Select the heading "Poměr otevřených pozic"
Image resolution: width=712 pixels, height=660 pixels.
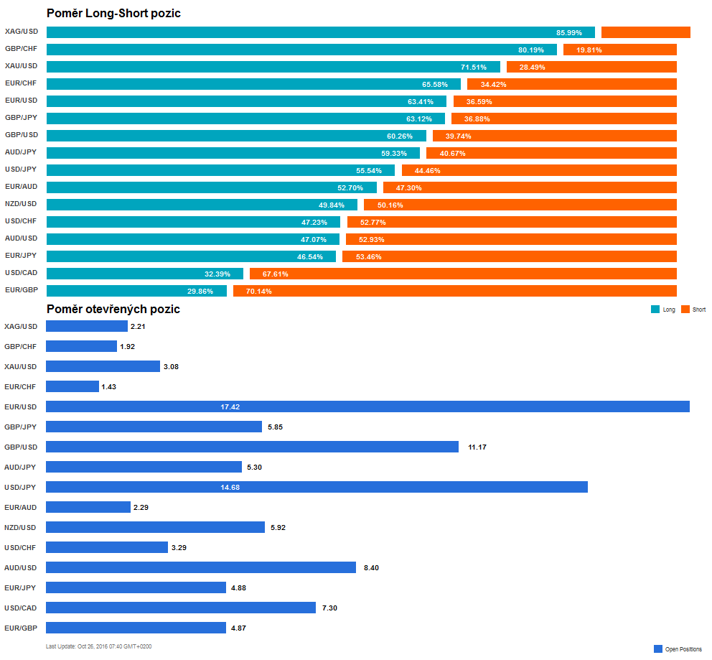point(113,309)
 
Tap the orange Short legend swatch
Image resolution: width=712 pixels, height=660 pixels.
point(685,310)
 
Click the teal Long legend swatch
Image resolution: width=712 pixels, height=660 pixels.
point(655,310)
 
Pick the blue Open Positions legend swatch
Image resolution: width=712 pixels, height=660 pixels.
point(657,649)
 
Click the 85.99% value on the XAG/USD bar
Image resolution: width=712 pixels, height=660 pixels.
point(569,33)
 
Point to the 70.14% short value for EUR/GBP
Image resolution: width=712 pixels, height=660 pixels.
point(258,292)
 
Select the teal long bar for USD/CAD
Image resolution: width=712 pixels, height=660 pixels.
point(144,274)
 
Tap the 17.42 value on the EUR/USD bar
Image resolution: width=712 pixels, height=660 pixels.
point(230,407)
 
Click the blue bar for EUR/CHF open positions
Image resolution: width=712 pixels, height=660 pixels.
point(72,386)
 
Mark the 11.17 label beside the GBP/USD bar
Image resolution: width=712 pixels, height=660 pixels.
point(477,447)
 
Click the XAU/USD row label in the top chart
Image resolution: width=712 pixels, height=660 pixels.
point(21,66)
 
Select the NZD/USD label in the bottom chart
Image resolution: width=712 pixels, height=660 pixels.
point(21,527)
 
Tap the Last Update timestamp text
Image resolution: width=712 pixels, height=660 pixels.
point(98,646)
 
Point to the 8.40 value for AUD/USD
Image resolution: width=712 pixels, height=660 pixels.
point(371,568)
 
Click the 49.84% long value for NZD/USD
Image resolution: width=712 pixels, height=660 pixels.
point(332,205)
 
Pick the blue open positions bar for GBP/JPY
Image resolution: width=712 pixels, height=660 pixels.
point(154,427)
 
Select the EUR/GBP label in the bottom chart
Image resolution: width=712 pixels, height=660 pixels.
point(21,628)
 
